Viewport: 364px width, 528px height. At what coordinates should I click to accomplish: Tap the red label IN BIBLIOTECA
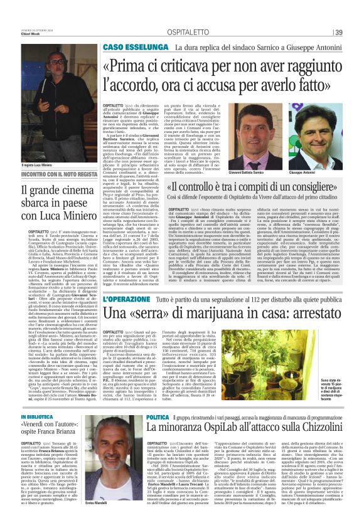tap(40, 415)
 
